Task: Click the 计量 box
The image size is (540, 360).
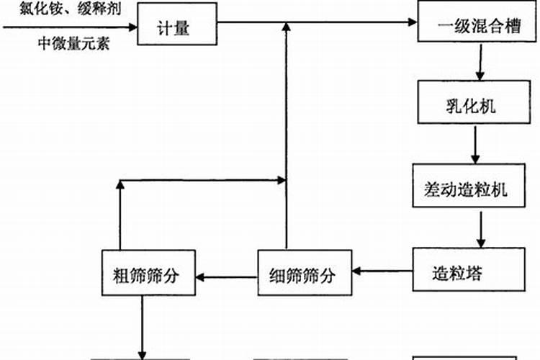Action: tap(176, 26)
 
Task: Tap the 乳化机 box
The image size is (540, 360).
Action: tap(471, 107)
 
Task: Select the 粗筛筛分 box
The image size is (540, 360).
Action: tap(148, 274)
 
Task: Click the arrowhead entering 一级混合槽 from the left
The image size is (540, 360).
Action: tap(413, 22)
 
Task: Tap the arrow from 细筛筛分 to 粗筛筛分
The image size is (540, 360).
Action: tap(226, 274)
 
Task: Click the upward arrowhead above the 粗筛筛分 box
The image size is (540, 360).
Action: tap(120, 186)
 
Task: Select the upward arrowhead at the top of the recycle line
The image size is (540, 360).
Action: tap(287, 27)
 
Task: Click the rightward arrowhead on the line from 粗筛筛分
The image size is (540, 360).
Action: tap(281, 179)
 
